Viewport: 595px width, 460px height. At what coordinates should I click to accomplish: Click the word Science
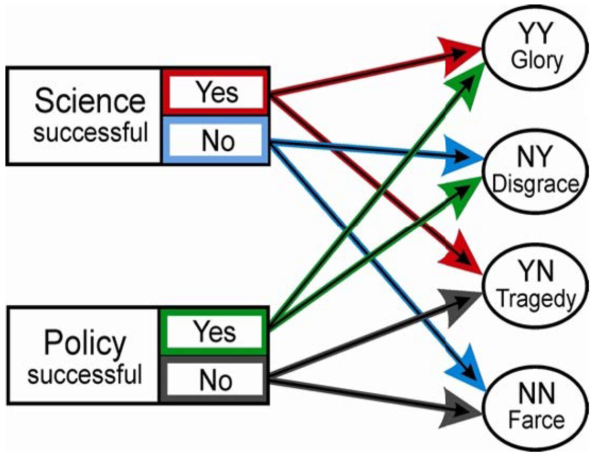90,101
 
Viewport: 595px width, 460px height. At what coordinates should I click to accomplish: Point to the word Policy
85,343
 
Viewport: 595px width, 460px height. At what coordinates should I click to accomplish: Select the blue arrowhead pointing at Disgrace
461,156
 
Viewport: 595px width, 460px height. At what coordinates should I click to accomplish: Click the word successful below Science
90,132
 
